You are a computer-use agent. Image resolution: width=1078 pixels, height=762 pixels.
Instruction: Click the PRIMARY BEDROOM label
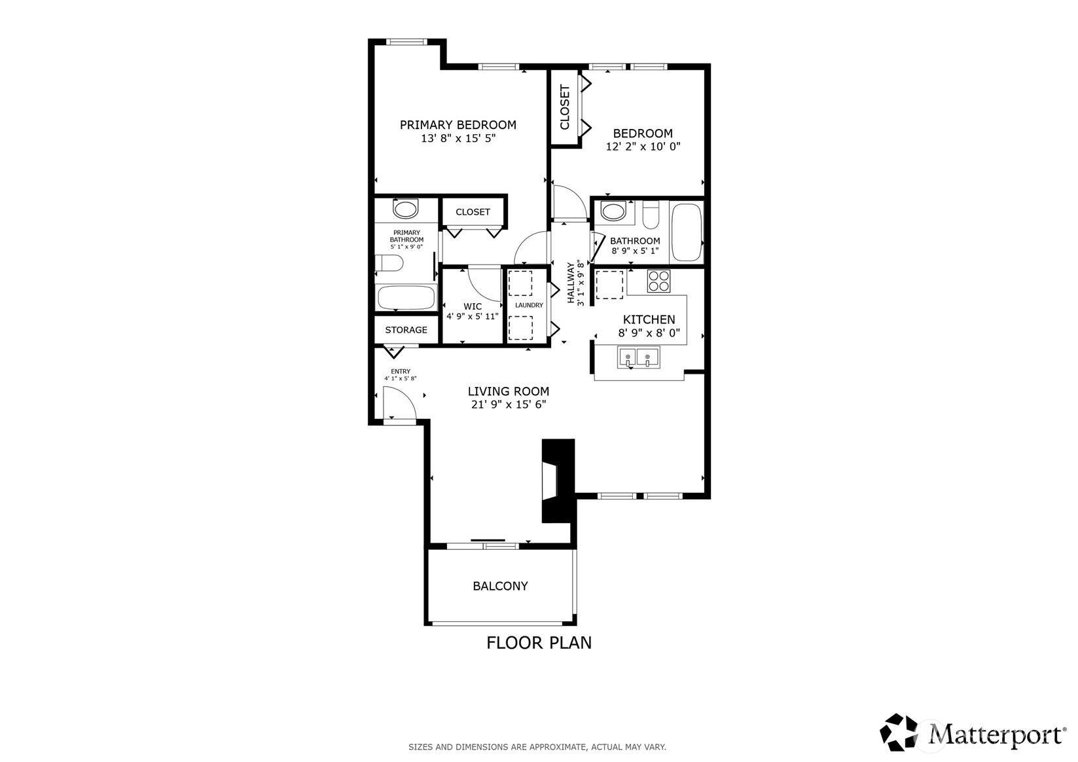click(458, 124)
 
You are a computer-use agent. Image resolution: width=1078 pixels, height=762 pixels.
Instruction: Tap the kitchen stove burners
click(658, 281)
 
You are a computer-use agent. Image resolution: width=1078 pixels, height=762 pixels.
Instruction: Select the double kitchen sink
click(638, 357)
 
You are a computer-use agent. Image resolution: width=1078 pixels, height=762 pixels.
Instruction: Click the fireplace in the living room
click(558, 481)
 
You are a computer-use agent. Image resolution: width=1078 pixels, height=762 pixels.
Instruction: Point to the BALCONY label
click(500, 586)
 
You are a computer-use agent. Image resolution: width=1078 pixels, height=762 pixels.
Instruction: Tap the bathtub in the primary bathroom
click(406, 297)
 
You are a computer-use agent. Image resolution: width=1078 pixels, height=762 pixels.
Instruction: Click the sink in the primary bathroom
click(406, 209)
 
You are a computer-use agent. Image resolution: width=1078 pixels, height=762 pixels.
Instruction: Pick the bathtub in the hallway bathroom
click(686, 232)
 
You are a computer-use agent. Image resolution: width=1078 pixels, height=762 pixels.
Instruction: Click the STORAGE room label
click(406, 330)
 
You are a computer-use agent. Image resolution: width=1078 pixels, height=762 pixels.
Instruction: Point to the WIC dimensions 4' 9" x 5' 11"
click(472, 317)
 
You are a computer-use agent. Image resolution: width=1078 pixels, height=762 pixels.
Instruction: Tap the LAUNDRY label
click(529, 305)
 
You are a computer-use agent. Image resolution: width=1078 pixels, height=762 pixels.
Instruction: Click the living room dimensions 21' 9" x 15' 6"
click(509, 405)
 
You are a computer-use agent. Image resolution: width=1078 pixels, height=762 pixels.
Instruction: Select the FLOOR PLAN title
click(539, 643)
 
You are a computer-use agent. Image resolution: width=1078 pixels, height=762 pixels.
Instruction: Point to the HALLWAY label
click(571, 283)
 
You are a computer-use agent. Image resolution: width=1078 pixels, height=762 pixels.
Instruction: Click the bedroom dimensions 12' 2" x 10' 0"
click(643, 147)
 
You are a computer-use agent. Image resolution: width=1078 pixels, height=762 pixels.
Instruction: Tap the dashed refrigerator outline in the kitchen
click(610, 285)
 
